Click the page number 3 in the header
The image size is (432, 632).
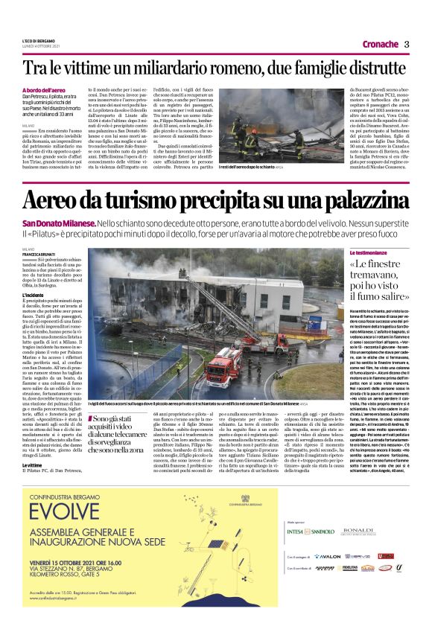(407, 44)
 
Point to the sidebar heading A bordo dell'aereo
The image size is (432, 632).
(47, 89)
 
